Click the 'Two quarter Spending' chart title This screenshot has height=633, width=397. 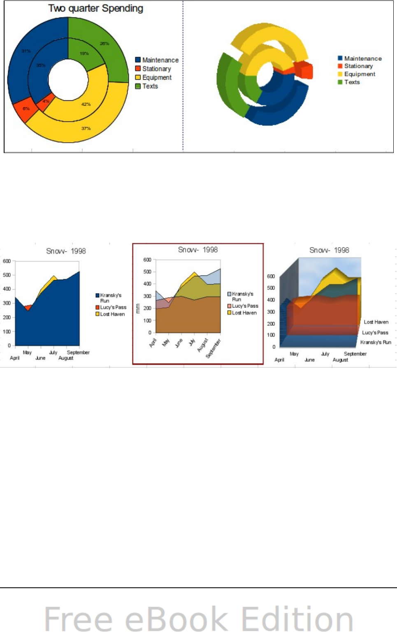point(96,9)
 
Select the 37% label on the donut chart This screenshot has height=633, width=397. point(86,128)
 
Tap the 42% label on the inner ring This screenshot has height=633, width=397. point(86,104)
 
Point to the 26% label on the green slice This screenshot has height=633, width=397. point(104,44)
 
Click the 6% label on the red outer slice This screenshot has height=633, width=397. point(26,109)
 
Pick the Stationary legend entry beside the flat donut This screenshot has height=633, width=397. point(156,69)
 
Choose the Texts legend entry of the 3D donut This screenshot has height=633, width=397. point(352,82)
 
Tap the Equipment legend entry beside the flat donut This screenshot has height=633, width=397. point(157,77)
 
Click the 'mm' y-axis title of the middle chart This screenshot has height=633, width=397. point(138,308)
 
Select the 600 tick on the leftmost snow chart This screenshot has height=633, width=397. point(7,261)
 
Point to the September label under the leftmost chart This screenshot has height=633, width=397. point(78,352)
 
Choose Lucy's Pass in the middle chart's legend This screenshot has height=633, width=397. point(245,306)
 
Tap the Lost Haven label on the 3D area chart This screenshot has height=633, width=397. point(376,322)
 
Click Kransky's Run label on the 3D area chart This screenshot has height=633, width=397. point(376,342)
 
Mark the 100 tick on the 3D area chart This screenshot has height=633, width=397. point(271,335)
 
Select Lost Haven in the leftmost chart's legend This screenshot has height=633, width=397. point(112,314)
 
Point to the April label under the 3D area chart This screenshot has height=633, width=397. point(279,360)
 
